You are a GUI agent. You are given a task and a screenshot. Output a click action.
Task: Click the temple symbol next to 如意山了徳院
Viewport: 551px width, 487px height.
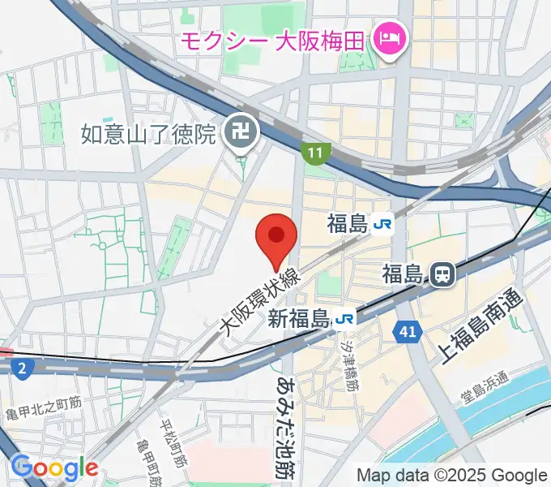[241, 132]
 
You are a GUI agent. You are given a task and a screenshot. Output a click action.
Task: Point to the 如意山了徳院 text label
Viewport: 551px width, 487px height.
[149, 132]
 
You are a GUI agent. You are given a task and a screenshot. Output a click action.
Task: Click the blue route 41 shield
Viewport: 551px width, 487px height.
[407, 330]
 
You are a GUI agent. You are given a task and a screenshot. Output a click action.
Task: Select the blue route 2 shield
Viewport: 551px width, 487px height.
[23, 369]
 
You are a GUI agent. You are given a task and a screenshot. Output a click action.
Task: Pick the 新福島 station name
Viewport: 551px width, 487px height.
[299, 319]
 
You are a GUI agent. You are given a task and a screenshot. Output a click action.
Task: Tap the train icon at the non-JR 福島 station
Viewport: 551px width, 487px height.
[442, 275]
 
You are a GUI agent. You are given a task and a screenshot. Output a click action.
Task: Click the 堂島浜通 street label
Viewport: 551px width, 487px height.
[486, 387]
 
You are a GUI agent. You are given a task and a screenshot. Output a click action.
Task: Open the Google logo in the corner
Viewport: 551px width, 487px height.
[53, 468]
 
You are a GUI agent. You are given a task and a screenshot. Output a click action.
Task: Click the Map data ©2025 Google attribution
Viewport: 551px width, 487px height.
[452, 475]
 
